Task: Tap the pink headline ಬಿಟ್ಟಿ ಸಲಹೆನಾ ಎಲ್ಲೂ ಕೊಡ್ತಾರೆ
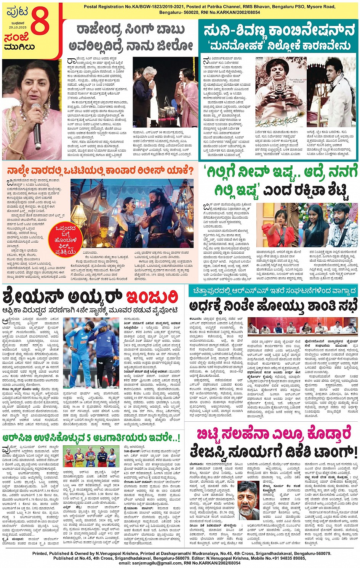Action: coord(274,434)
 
